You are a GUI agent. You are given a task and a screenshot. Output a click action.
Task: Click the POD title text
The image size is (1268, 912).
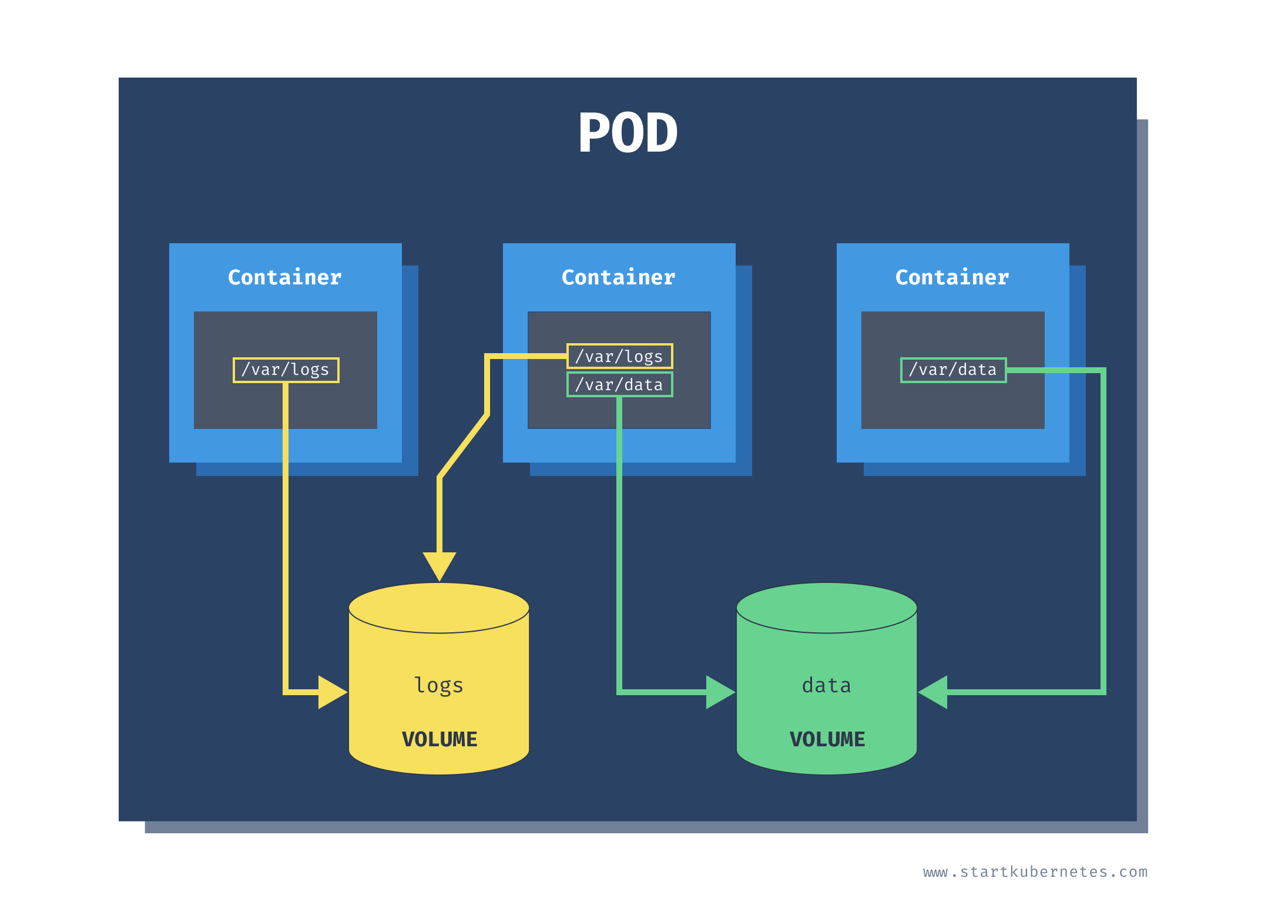point(628,133)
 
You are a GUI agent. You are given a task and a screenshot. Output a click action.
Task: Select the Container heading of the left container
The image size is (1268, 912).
point(285,277)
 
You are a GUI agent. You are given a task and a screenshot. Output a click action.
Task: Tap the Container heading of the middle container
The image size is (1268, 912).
point(619,277)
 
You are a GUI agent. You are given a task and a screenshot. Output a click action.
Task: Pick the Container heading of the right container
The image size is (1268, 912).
point(952,277)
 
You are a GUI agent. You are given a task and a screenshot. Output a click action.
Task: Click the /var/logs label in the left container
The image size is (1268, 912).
point(286,370)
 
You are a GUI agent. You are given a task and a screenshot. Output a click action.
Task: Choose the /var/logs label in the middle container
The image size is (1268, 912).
point(619,356)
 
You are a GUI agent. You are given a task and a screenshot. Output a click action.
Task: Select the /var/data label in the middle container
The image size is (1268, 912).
point(619,385)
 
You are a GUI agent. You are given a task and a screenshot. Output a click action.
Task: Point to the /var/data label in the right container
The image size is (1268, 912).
point(953,370)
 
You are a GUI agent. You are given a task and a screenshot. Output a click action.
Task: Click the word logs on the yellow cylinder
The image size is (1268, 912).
point(439,686)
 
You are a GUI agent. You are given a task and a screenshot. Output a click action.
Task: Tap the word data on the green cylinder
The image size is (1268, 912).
point(827,686)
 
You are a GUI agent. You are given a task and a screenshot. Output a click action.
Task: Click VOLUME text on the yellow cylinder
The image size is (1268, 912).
point(440,739)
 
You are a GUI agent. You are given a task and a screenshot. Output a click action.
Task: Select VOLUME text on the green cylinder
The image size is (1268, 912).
point(827,739)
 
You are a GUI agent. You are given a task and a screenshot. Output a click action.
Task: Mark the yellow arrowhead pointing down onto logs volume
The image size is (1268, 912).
point(440,564)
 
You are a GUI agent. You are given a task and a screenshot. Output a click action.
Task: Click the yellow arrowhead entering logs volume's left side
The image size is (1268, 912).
point(331,692)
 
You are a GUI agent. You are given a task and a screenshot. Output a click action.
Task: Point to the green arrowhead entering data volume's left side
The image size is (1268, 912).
point(719,692)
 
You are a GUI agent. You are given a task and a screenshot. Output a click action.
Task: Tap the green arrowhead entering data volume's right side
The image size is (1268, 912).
point(934,692)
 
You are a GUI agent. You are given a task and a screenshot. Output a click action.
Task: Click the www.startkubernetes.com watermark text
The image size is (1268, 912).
point(1035,872)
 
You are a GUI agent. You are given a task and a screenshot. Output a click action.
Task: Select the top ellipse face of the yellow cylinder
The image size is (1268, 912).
point(439,608)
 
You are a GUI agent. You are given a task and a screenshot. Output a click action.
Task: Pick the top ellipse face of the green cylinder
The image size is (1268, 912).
point(827,608)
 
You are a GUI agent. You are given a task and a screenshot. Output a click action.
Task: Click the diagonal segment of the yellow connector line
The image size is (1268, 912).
point(464,447)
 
